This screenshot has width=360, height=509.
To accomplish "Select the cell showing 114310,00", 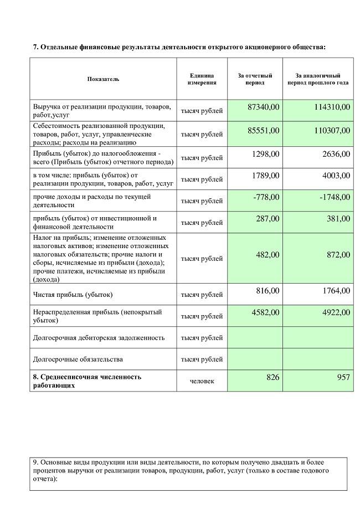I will (x=328, y=106).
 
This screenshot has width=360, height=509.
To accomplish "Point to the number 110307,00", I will (x=328, y=130).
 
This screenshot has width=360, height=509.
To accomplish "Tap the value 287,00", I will (x=268, y=218).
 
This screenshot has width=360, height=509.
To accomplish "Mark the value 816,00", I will (x=268, y=290).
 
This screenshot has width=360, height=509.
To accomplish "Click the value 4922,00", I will (x=335, y=312).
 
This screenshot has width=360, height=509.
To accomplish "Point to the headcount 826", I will (x=273, y=377).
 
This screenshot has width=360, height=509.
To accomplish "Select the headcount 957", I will (x=343, y=377).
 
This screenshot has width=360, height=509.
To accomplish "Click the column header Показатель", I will (x=103, y=79).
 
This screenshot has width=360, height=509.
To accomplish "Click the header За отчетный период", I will (x=255, y=79).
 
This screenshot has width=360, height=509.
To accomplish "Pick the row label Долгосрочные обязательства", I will (x=78, y=359).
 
